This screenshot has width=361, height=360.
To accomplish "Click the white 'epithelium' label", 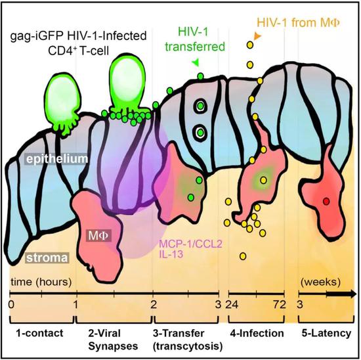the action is pyautogui.click(x=57, y=159).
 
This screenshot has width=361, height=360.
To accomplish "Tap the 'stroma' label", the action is pyautogui.click(x=47, y=258).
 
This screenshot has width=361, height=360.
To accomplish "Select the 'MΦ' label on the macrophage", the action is pyautogui.click(x=98, y=236).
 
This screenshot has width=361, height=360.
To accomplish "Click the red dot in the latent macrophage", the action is pyautogui.click(x=326, y=202).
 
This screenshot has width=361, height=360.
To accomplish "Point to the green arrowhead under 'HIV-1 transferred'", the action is pyautogui.click(x=196, y=62).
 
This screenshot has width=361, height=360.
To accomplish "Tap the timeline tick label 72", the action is pyautogui.click(x=280, y=305).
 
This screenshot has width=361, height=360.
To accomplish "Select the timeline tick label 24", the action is pyautogui.click(x=232, y=305).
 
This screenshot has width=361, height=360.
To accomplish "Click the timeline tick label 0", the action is pyautogui.click(x=11, y=305).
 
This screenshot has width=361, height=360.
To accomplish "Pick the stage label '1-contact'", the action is pyautogui.click(x=39, y=333).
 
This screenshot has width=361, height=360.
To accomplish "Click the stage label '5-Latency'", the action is pyautogui.click(x=326, y=333).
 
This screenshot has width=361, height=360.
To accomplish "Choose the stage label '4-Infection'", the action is pyautogui.click(x=257, y=333).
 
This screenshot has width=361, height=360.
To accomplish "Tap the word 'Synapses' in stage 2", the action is pyautogui.click(x=113, y=346).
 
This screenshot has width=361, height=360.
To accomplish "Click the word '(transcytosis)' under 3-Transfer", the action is pyautogui.click(x=188, y=346).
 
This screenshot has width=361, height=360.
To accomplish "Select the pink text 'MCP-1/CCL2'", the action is pyautogui.click(x=191, y=244).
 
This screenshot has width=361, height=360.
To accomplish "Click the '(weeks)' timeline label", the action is pyautogui.click(x=320, y=282).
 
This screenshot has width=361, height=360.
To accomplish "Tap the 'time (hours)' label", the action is pyautogui.click(x=41, y=282).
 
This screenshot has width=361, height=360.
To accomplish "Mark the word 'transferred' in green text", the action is pyautogui.click(x=195, y=47).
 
